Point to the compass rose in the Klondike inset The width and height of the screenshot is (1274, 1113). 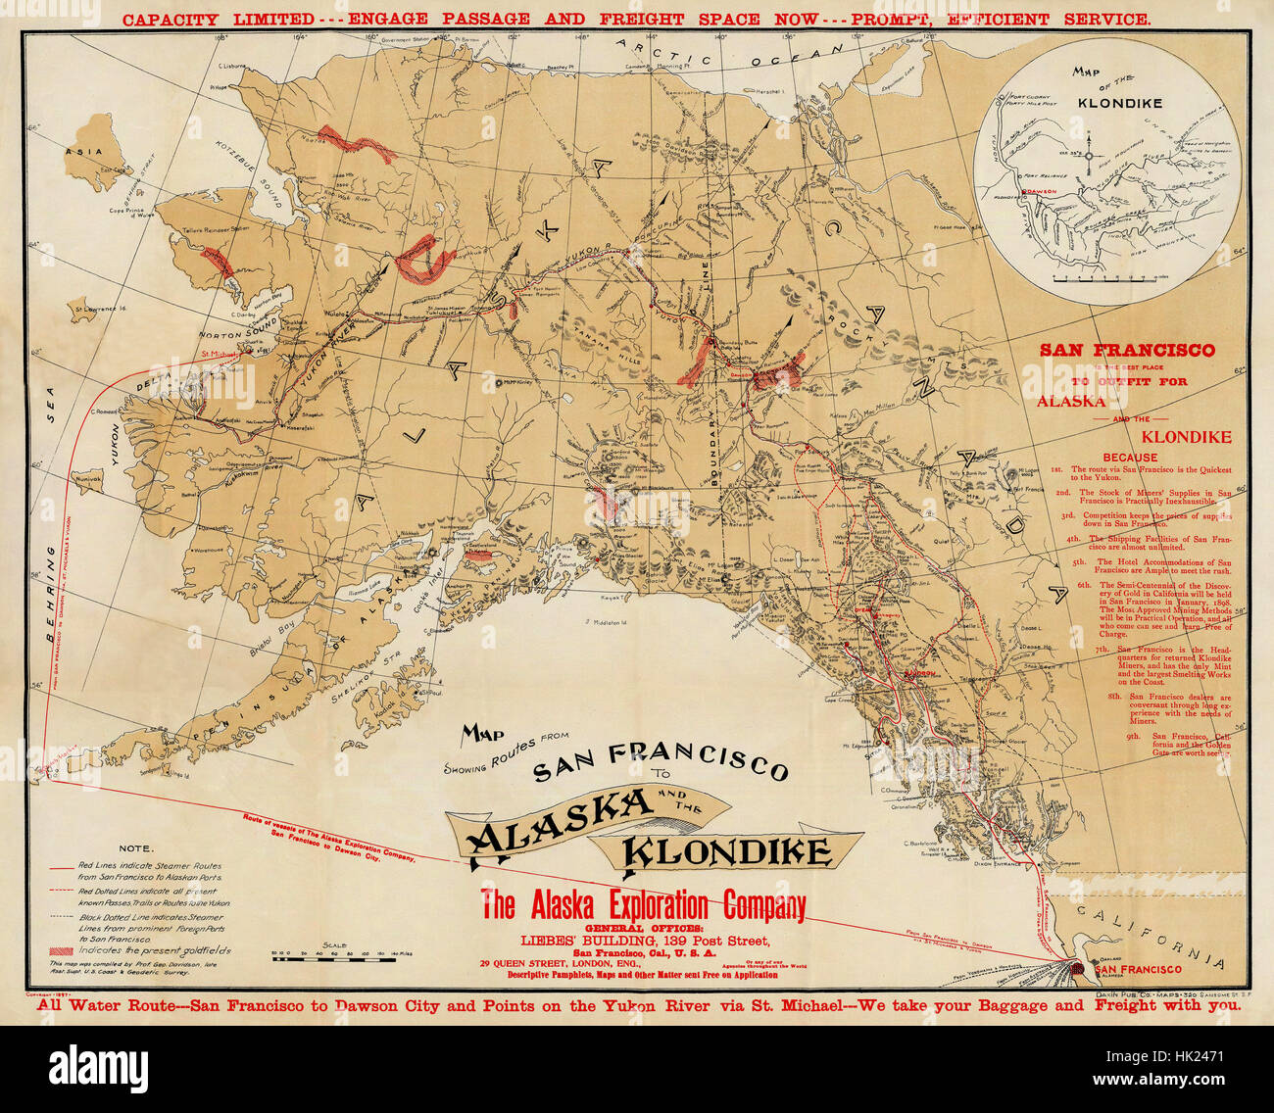coord(1097,157)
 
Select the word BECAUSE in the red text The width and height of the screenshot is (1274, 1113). coord(1130,458)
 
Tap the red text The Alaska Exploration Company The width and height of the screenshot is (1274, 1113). coord(643,904)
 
